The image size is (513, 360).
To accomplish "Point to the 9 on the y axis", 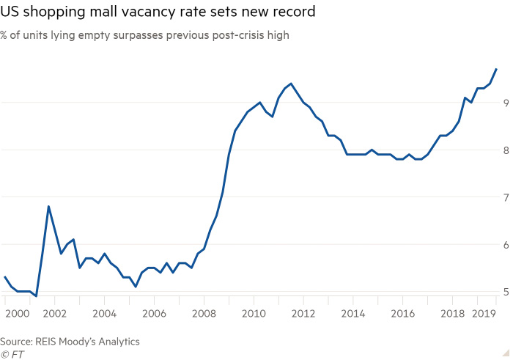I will tap(506, 103).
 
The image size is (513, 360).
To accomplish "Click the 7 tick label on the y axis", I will tap(506, 197).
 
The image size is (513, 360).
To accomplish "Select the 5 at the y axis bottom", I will tap(506, 292).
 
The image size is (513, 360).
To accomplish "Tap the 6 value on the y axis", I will tap(506, 245).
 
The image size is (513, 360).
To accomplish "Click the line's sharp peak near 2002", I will tap(48, 206).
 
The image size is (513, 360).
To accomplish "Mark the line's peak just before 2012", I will tap(291, 84).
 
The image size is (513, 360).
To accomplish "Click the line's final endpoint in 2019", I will tap(497, 69).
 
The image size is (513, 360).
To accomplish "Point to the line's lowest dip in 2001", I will tap(36, 296).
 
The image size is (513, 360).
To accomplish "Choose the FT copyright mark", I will tap(12, 353).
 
